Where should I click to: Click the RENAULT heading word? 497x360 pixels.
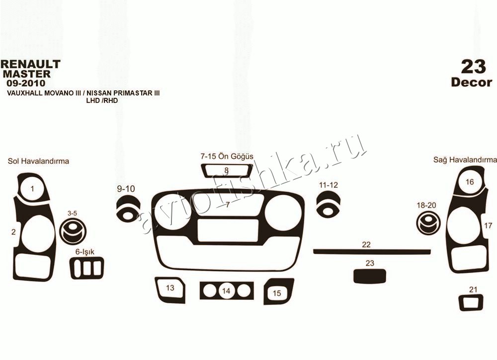(x=30, y=64)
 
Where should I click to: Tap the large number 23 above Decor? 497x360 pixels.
(x=473, y=67)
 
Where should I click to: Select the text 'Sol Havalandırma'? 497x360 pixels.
(x=38, y=161)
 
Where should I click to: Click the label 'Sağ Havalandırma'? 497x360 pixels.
(x=465, y=160)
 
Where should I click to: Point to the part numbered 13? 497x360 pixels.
(x=170, y=289)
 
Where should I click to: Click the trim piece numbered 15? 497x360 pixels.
(x=278, y=291)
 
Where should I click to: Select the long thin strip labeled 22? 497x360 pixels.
(x=372, y=252)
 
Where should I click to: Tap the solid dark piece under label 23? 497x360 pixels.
(x=369, y=276)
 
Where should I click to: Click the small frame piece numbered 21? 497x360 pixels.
(x=472, y=303)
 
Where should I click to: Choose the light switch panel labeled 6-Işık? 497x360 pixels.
(x=87, y=268)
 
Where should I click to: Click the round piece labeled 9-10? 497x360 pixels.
(x=128, y=209)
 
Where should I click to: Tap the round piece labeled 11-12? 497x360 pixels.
(x=329, y=203)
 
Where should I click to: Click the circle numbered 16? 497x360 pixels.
(x=470, y=182)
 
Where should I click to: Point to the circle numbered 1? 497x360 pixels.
(x=32, y=189)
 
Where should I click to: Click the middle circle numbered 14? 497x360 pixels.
(x=226, y=290)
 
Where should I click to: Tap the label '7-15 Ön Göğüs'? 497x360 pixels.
(x=227, y=156)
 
